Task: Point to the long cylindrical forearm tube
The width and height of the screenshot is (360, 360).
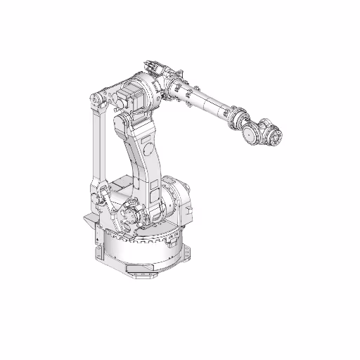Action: point(204,102)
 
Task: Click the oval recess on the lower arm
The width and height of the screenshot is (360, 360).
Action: point(148,148)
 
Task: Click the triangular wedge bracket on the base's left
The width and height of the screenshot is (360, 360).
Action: point(89,223)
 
